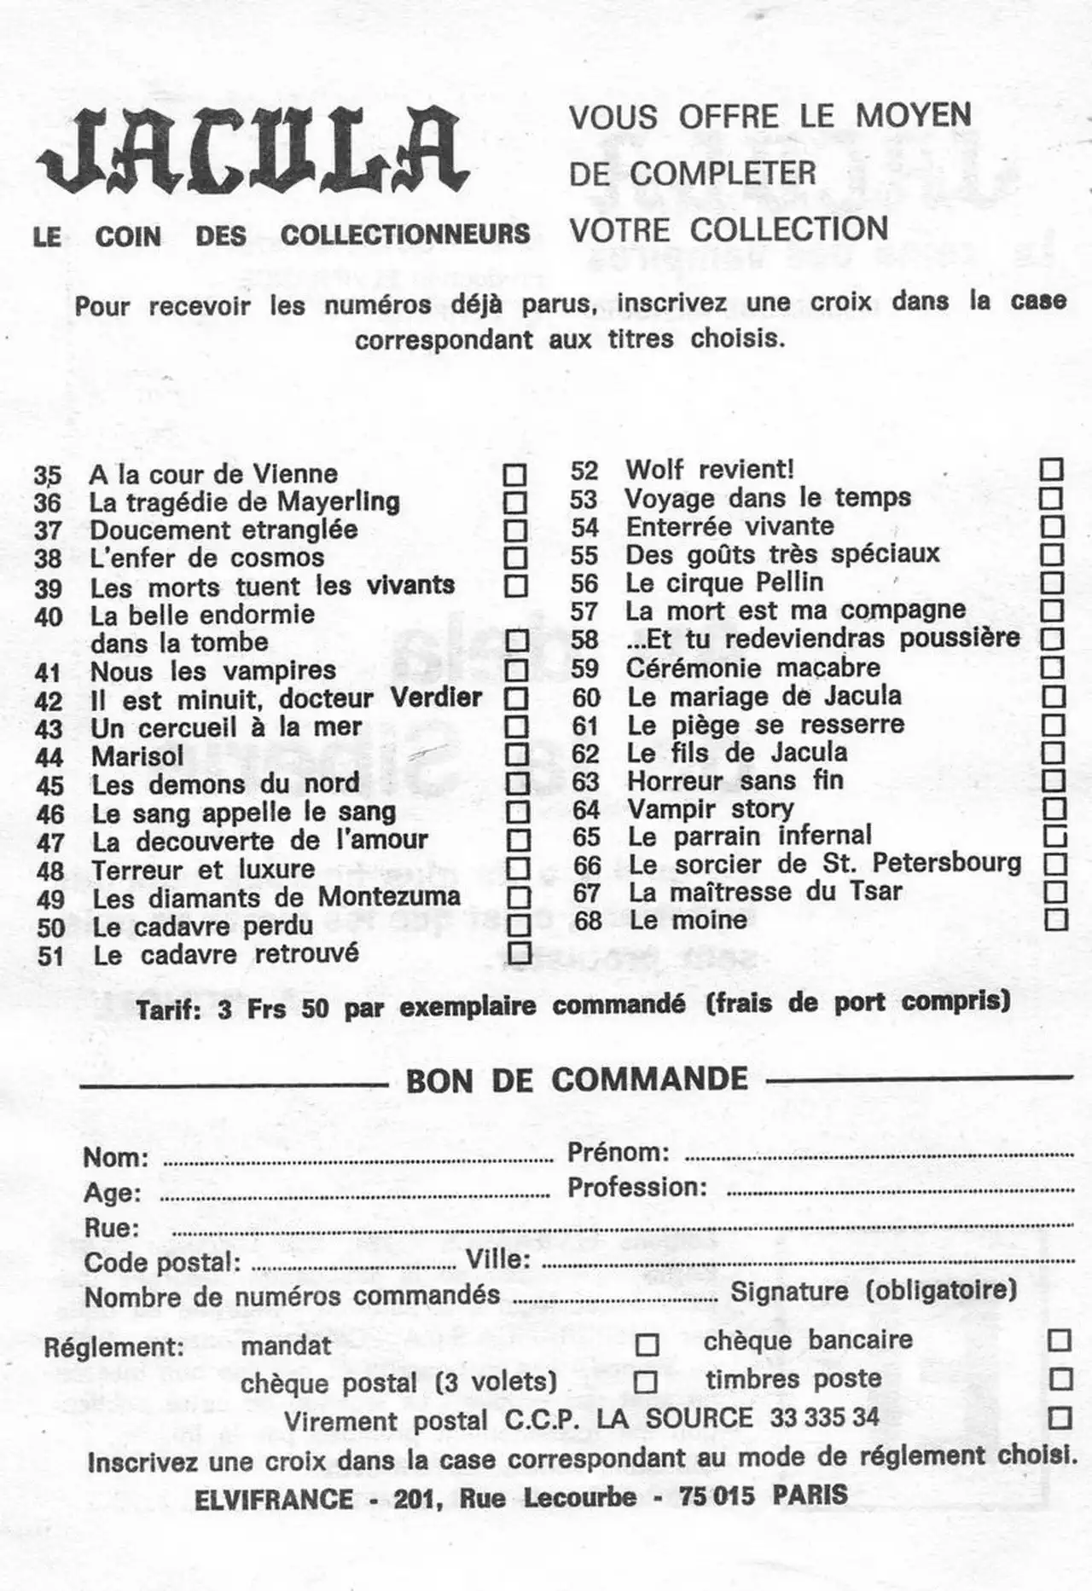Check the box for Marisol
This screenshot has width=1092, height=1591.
pyautogui.click(x=516, y=755)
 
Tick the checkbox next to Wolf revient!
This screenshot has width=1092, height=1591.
pyautogui.click(x=1051, y=469)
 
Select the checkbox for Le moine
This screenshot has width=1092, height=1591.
pyautogui.click(x=1056, y=919)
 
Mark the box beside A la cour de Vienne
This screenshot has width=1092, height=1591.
pyautogui.click(x=514, y=474)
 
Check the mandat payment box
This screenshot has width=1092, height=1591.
pyautogui.click(x=648, y=1345)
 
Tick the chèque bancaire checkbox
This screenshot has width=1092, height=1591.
pyautogui.click(x=1059, y=1340)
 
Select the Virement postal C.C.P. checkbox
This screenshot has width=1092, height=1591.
pyautogui.click(x=1060, y=1418)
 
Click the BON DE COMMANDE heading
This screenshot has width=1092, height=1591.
pyautogui.click(x=577, y=1080)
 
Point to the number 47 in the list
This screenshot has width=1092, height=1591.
pyautogui.click(x=50, y=842)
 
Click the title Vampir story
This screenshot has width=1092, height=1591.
pyautogui.click(x=710, y=807)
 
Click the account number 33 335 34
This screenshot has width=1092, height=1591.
pyautogui.click(x=823, y=1418)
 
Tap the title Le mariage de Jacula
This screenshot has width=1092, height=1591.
pyautogui.click(x=764, y=697)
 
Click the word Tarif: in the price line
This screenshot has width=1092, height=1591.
pyautogui.click(x=168, y=1011)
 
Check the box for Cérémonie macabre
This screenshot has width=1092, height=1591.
pyautogui.click(x=1054, y=668)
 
